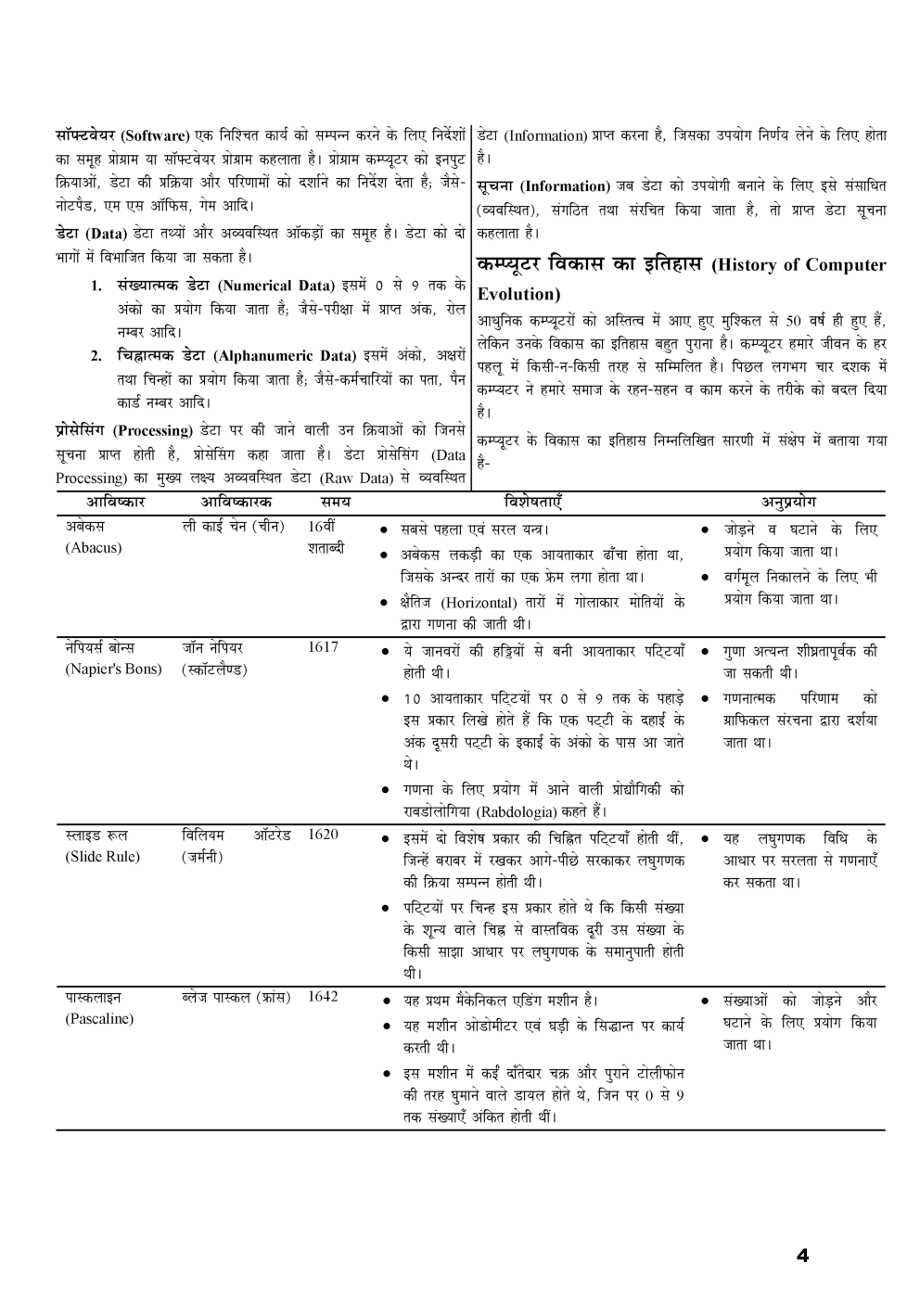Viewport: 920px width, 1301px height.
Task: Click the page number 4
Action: click(x=802, y=1256)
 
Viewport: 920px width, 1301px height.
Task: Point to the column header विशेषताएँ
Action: click(x=533, y=502)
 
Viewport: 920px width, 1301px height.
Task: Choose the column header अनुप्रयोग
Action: click(x=788, y=502)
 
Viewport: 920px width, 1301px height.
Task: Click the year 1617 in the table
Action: click(x=323, y=647)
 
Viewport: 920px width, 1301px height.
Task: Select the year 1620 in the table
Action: click(x=323, y=835)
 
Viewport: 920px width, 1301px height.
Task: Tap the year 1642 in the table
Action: click(x=323, y=997)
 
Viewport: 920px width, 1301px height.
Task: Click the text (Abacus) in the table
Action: click(x=93, y=547)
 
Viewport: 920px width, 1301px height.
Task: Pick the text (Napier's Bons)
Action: click(x=113, y=670)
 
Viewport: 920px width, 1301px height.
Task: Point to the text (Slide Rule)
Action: click(x=102, y=857)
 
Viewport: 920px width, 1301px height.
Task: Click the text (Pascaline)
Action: click(x=99, y=1019)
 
